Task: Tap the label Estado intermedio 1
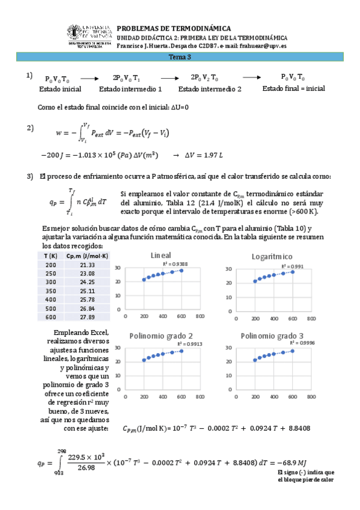coord(130,89)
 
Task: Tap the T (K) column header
coord(50,256)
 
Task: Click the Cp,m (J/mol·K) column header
coord(87,256)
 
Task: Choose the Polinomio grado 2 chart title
coord(160,335)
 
